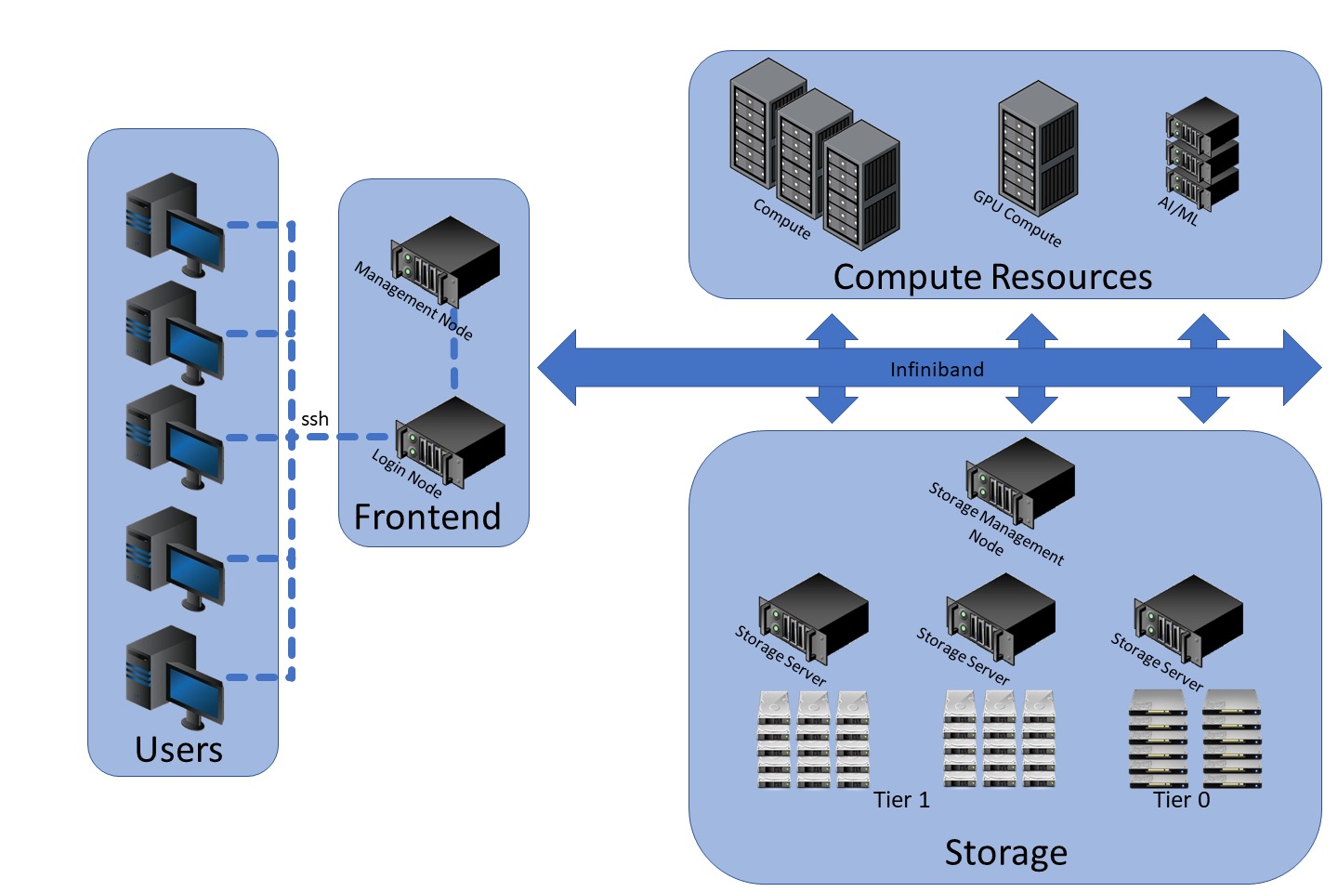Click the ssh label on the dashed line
pos(315,419)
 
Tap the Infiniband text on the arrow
pos(936,370)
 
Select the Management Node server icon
pos(446,261)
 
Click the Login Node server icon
pos(451,441)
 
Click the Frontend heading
pos(427,517)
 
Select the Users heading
pos(178,749)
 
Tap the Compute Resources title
pos(991,277)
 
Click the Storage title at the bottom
pos(1005,852)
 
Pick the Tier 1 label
pos(901,800)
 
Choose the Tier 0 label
pos(1181,800)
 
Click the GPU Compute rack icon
pos(1038,148)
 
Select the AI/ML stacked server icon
pos(1202,152)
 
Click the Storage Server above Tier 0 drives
pos(1188,618)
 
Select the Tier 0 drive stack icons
pos(1195,739)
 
